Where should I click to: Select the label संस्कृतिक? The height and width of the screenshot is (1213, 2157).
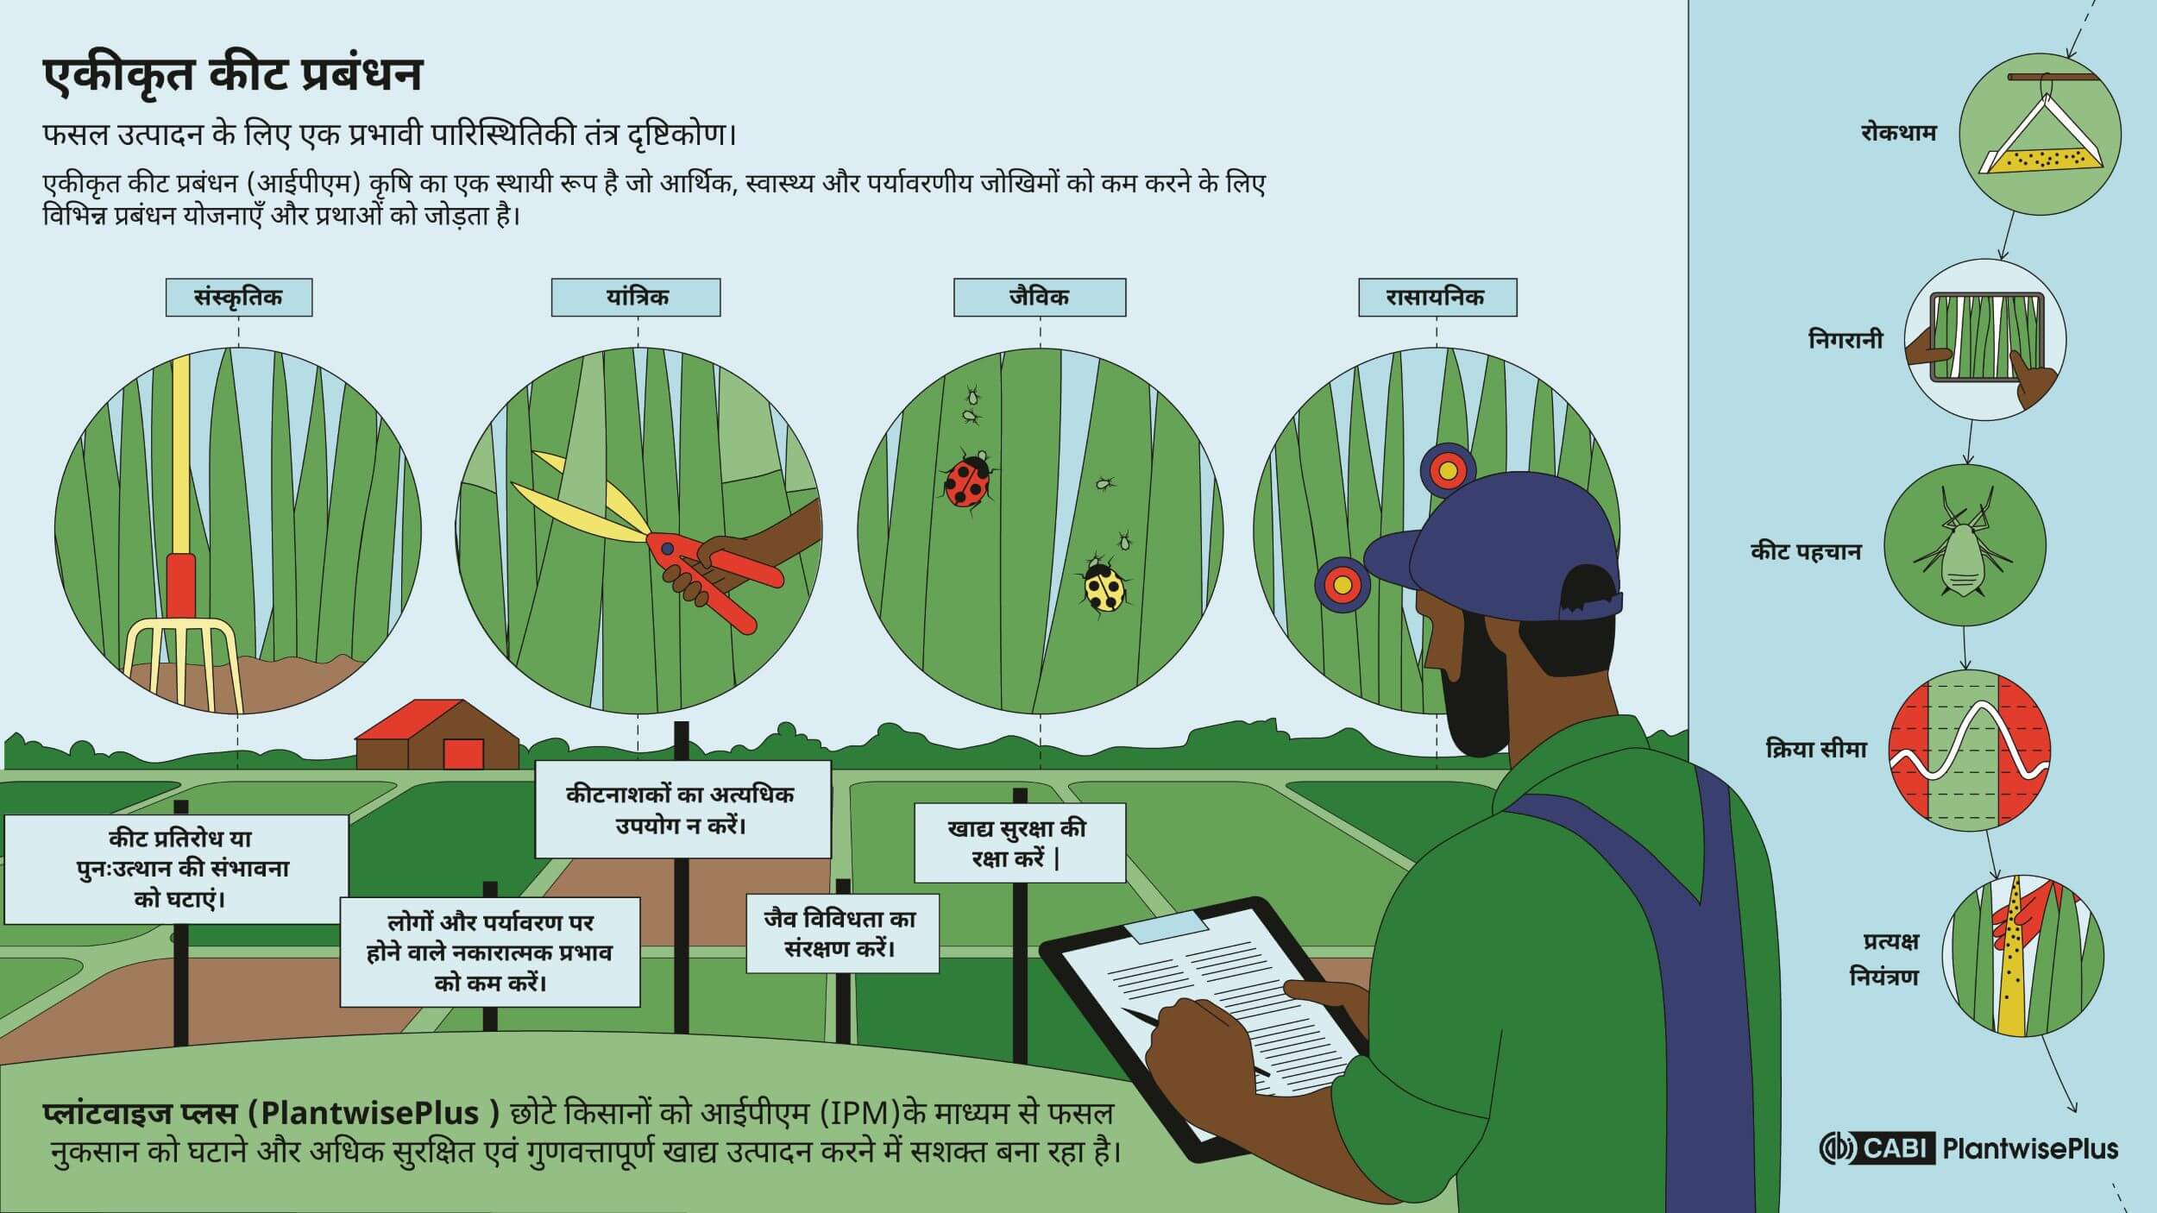click(239, 297)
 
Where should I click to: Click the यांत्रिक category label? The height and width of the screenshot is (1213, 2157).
click(636, 297)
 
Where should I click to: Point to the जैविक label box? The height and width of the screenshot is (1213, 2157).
click(1040, 297)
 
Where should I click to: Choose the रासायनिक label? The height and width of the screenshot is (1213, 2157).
click(1437, 297)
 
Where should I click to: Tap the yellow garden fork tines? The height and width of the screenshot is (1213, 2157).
click(182, 664)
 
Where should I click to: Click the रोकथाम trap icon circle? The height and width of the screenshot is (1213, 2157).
click(2040, 133)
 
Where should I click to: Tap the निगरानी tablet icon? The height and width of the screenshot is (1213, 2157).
click(1985, 340)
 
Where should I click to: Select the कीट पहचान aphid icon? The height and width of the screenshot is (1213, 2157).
click(1965, 546)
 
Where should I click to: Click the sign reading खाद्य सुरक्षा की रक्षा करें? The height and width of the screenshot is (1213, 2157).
click(1020, 843)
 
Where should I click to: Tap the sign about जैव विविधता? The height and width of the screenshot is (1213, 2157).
click(842, 933)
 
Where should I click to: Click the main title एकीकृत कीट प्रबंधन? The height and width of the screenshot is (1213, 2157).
click(233, 76)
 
